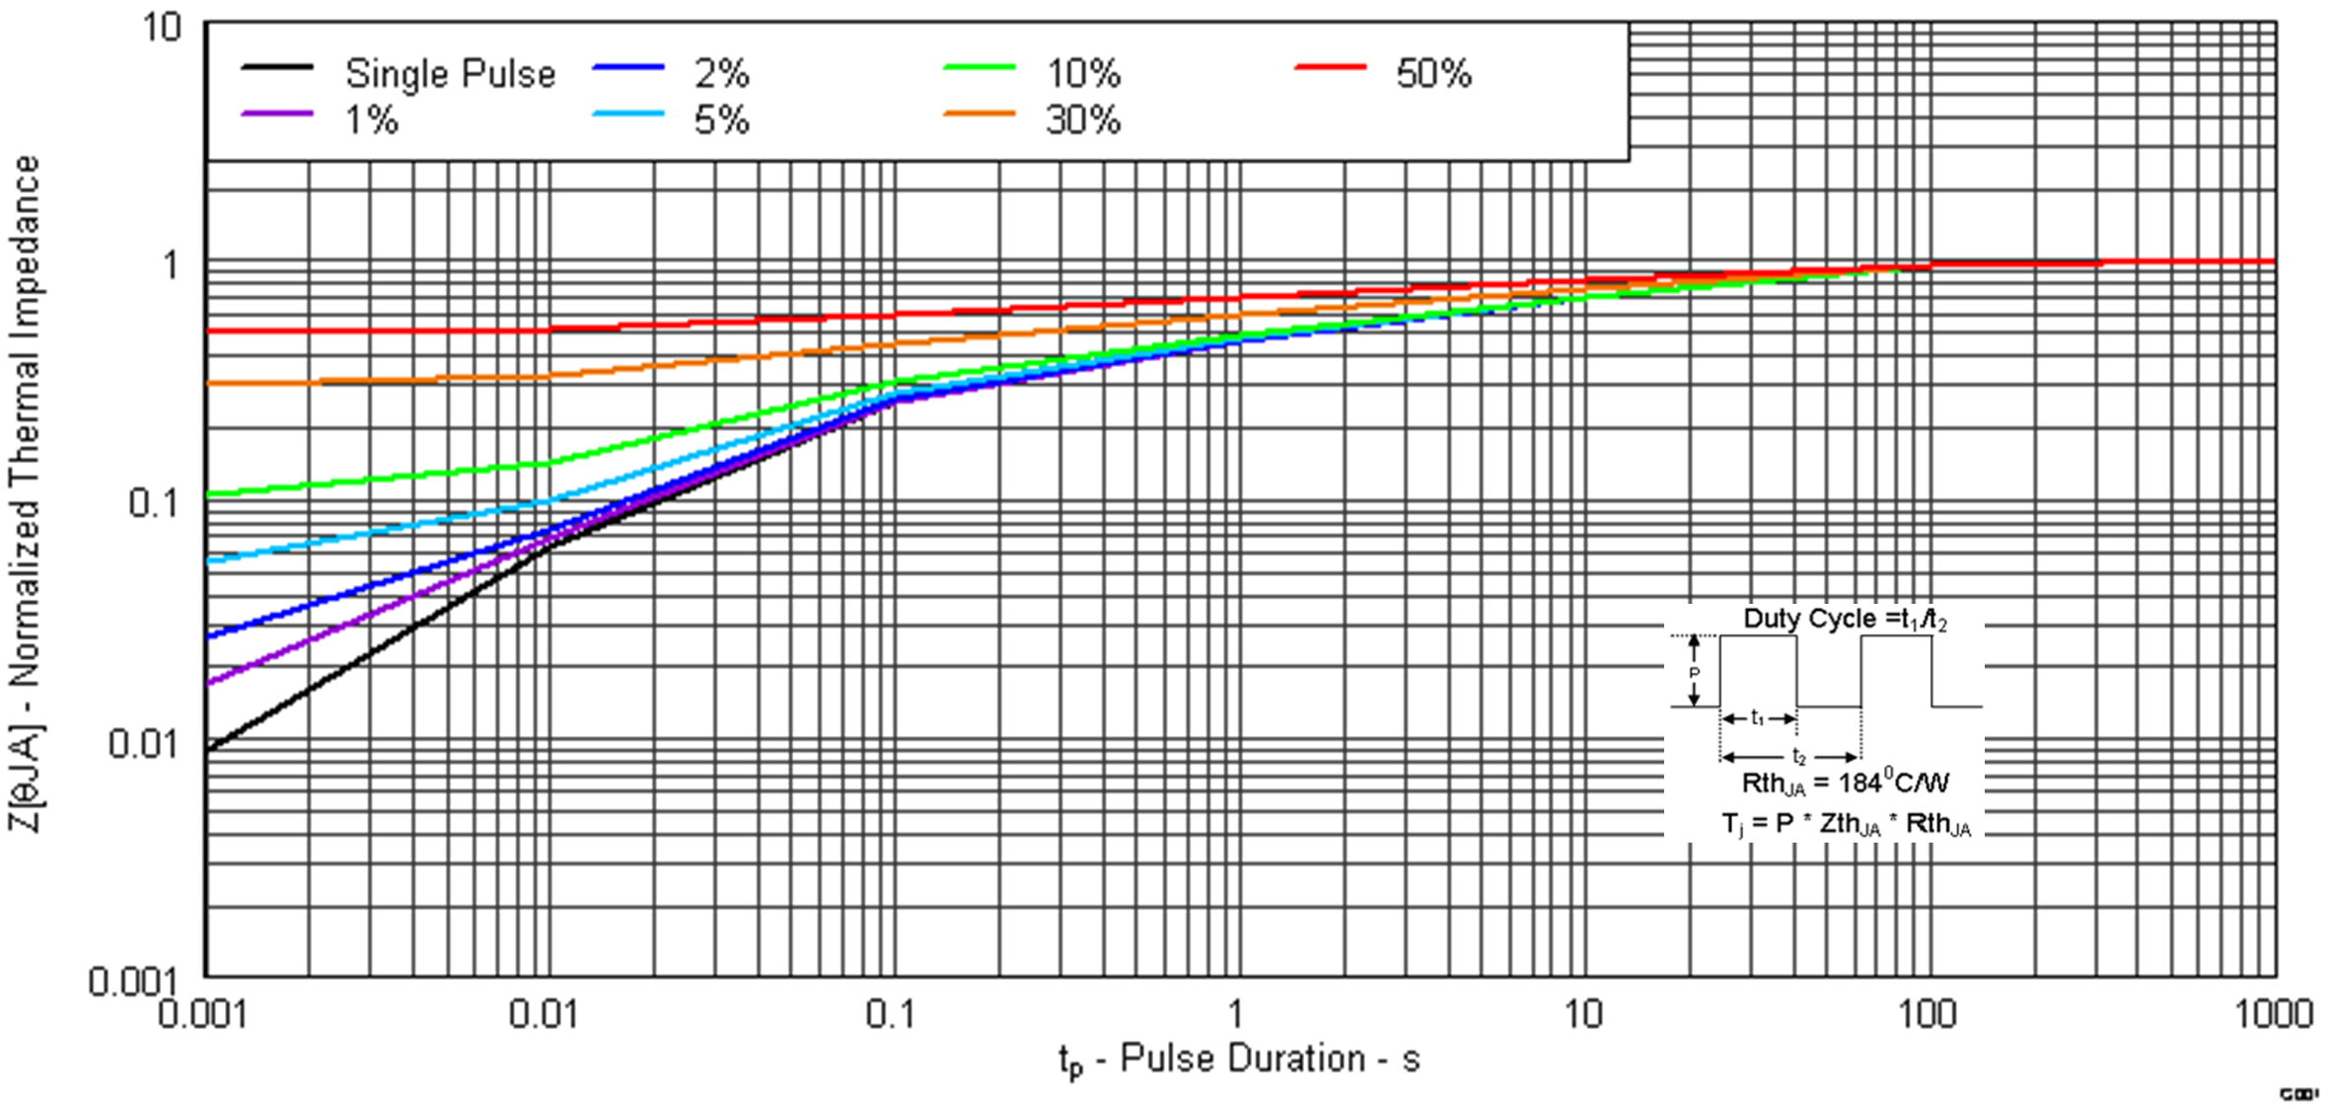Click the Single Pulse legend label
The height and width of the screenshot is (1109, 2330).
click(449, 74)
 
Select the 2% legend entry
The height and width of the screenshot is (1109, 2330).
click(721, 74)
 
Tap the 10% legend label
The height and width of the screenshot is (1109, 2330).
click(1082, 74)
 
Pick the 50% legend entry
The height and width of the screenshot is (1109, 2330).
click(1432, 74)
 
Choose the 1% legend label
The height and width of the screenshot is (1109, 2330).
click(371, 120)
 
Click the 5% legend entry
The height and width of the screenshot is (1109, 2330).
click(721, 120)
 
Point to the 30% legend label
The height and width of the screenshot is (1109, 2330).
click(1082, 120)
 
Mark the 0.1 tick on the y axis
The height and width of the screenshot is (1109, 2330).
click(154, 503)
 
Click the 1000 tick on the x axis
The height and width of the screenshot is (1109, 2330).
click(2271, 1014)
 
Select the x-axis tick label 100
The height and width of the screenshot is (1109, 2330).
click(1926, 1014)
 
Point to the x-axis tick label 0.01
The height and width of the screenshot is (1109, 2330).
click(543, 1014)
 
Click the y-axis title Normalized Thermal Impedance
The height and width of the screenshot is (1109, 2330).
click(25, 493)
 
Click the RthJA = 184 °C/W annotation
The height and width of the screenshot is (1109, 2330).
click(1844, 782)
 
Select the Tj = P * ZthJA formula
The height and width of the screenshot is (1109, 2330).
click(1844, 824)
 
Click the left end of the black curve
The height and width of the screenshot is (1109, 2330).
click(209, 749)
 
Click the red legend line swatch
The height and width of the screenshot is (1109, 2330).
click(1330, 68)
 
